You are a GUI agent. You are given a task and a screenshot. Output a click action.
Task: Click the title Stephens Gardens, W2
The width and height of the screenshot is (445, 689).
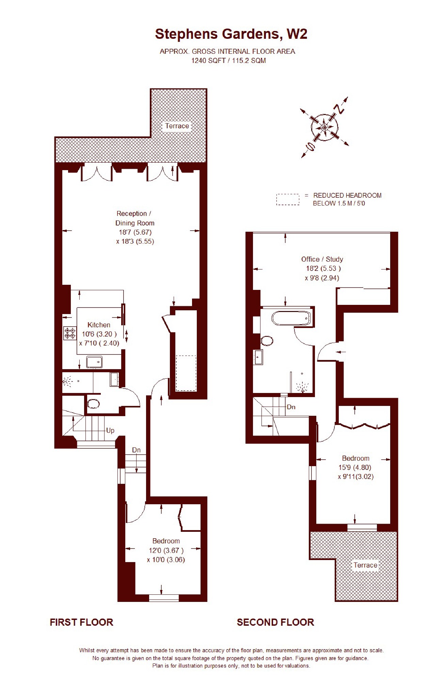point(231,34)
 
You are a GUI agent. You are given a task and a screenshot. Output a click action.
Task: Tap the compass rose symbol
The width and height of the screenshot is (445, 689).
point(324,128)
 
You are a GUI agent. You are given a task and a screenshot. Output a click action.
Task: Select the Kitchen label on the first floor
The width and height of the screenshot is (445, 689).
point(99,325)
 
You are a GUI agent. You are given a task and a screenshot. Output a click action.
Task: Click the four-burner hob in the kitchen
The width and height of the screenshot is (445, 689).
point(70,333)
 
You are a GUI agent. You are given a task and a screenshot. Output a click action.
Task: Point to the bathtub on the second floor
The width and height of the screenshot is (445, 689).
point(291,318)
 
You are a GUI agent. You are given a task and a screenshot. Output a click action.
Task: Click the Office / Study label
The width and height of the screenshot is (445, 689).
point(322,259)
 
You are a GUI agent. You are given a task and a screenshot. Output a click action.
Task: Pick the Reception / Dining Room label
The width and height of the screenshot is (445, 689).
point(134,218)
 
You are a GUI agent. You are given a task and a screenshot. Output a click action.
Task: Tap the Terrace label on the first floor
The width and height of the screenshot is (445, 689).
point(177,126)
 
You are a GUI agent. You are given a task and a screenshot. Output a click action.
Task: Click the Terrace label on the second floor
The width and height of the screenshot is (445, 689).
point(365,565)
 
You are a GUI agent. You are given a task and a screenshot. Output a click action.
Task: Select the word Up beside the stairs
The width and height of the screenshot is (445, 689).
point(110,431)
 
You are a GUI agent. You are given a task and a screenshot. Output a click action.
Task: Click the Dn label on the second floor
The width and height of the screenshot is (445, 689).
point(291,407)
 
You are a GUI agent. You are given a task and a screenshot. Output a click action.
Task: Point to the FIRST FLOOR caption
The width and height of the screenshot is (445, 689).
point(81,622)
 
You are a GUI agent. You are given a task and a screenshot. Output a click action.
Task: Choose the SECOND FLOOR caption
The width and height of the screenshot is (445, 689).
point(275,622)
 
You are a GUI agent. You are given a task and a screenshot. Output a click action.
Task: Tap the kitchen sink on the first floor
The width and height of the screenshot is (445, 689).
point(94,362)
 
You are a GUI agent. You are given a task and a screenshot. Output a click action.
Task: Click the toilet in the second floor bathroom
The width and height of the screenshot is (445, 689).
point(267,341)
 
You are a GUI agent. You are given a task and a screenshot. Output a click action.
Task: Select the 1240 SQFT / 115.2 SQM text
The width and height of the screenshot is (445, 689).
point(228,61)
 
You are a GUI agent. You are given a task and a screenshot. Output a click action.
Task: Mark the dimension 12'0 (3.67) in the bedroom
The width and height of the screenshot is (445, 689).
point(166,550)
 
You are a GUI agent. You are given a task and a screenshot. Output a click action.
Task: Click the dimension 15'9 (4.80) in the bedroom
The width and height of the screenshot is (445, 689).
point(355,467)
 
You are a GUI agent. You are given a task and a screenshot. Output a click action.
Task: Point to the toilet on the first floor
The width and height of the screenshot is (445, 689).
point(93,404)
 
